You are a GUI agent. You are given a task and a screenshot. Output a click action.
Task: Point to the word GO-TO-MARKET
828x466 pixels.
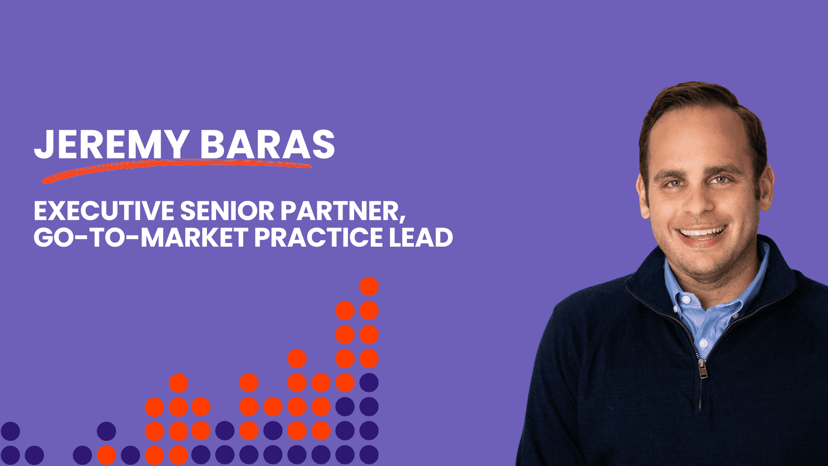point(141,237)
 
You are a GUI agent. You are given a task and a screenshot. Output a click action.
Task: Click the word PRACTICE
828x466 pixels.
point(319,237)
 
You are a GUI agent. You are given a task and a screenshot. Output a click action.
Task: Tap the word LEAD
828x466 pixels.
point(421,237)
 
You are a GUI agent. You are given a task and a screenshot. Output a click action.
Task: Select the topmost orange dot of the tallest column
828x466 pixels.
point(369,287)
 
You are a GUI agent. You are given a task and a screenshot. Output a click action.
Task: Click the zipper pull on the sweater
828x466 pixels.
point(702,369)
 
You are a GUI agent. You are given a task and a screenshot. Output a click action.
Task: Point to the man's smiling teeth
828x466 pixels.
point(702,233)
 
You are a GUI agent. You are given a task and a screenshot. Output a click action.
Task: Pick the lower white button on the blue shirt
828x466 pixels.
point(703,343)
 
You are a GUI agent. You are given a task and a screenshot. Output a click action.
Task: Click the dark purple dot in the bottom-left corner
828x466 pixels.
point(10,455)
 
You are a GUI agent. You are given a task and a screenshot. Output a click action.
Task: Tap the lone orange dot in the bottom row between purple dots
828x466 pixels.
point(106,455)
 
